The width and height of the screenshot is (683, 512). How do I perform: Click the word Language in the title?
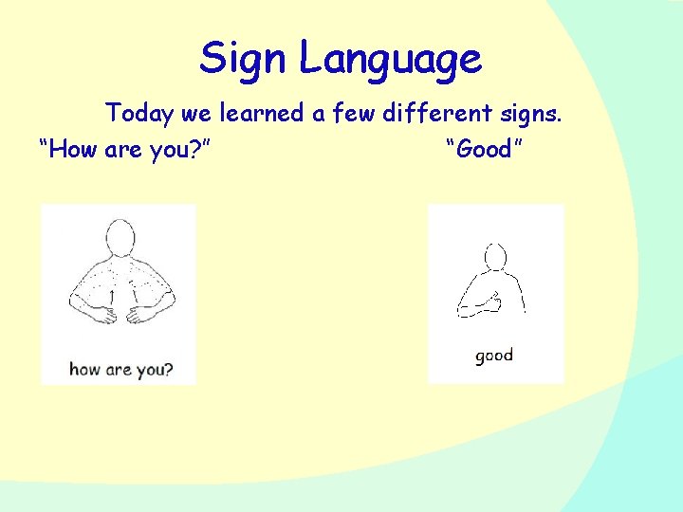pos(391,62)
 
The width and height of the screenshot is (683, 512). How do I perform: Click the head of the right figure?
pos(495,256)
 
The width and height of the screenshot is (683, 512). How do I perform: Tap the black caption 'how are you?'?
pos(120,369)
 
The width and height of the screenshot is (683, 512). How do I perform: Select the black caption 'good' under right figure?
pos(494,356)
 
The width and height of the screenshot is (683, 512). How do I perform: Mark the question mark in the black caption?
pos(168,369)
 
